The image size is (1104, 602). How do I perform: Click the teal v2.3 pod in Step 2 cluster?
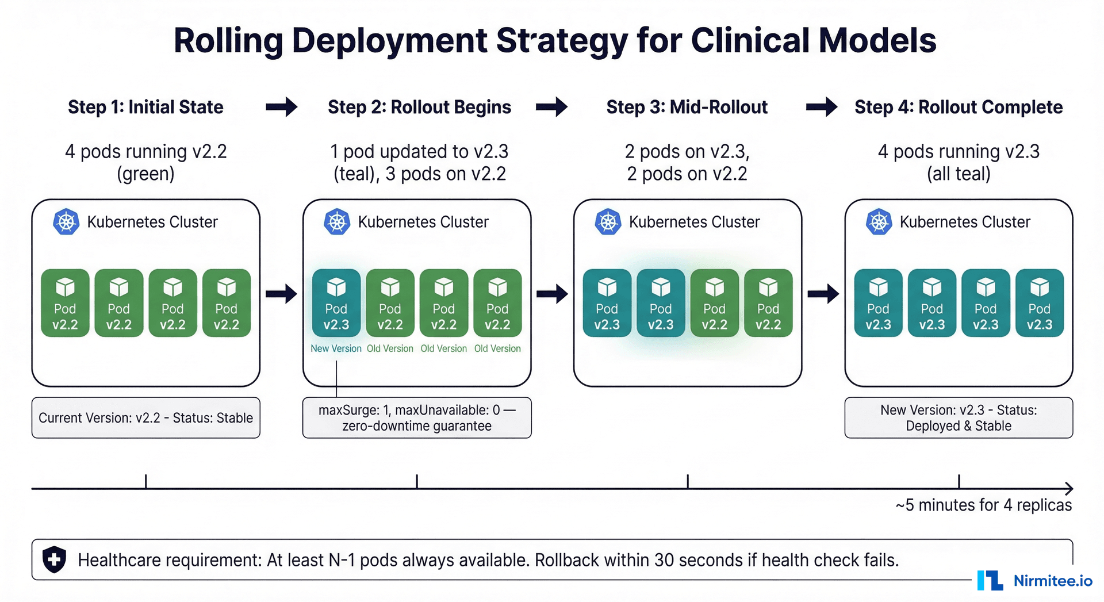[x=336, y=303]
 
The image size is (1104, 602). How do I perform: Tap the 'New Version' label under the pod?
[x=336, y=348]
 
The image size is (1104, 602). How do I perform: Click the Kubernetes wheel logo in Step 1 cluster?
[x=66, y=222]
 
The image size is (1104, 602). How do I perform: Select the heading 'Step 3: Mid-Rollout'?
[x=687, y=107]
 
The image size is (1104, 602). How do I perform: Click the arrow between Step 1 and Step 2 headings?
[x=281, y=107]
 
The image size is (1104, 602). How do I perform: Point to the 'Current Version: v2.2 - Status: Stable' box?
[x=145, y=418]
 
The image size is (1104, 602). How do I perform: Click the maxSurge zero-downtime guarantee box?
[x=417, y=418]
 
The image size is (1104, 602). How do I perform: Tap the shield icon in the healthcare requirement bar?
[x=55, y=559]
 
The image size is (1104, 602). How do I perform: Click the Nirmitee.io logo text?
[x=1052, y=581]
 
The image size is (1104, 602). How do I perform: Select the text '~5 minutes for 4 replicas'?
[x=983, y=505]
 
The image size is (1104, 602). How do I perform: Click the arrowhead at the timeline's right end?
[x=1069, y=489]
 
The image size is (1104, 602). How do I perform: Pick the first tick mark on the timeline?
[x=146, y=482]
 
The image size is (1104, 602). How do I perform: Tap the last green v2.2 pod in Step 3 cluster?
[x=768, y=303]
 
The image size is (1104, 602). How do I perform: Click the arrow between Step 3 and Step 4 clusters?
[x=823, y=294]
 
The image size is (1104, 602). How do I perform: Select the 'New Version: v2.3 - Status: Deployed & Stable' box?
[x=958, y=418]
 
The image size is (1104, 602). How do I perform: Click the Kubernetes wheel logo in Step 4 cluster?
[x=879, y=222]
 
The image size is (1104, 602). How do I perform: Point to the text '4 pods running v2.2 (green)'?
[x=145, y=162]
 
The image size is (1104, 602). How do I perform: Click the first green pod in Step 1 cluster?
[x=65, y=303]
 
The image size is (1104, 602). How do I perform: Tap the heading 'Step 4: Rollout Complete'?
[x=958, y=107]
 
